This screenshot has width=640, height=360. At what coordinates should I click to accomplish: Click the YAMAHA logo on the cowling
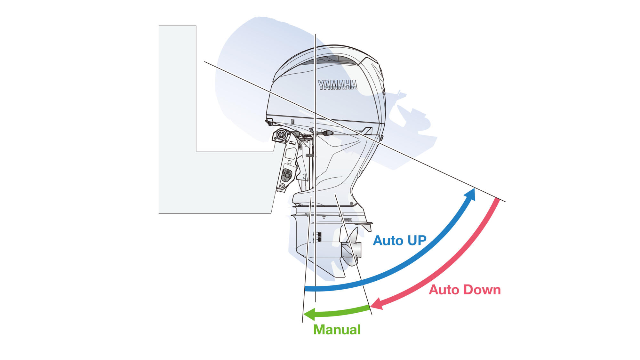coord(337,85)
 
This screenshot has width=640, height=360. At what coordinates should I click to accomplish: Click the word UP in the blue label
coord(417,241)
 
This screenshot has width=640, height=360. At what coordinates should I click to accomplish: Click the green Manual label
coord(337,330)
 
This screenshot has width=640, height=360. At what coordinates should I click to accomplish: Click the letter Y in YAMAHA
coord(321,85)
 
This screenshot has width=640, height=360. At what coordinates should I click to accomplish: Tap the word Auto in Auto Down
coord(444,290)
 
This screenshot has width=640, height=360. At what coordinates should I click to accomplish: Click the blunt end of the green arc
coord(369,308)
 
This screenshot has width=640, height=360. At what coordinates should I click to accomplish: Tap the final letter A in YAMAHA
coord(354,85)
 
